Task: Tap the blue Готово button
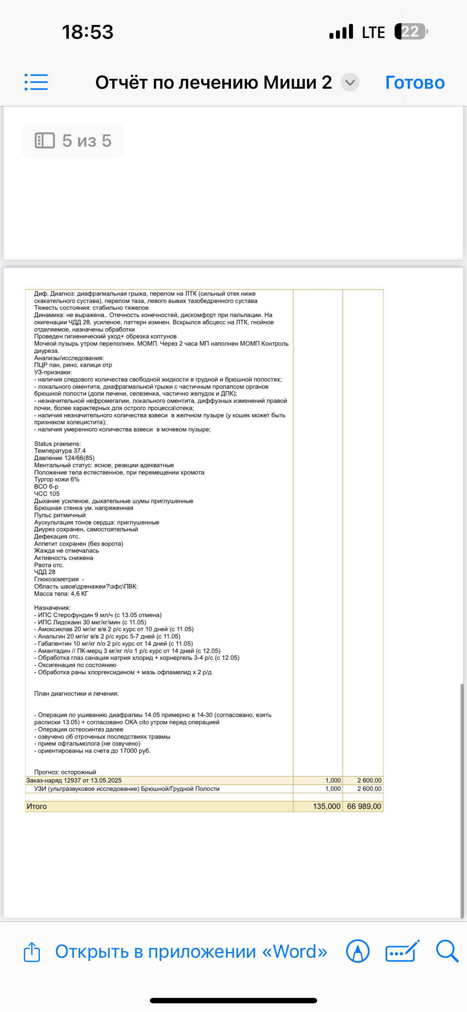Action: pos(415,83)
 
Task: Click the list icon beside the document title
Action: pos(36,82)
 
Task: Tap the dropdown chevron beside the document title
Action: pos(350,83)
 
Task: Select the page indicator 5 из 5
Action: pos(73,141)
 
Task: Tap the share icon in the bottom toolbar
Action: pos(32,952)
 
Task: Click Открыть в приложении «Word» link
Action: pos(191,952)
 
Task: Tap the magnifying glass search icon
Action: pos(447,951)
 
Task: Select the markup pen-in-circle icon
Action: pos(357,952)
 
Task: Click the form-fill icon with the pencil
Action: pos(402,952)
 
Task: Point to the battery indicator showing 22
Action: pos(411,31)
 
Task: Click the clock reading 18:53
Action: pos(88,32)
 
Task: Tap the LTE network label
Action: pos(373,32)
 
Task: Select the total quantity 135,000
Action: pos(326,806)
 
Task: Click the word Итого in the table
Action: pos(37,806)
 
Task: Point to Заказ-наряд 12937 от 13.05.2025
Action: pos(74,780)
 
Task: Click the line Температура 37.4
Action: pos(60,451)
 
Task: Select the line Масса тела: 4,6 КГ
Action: pos(61,594)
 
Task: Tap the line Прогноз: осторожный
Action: pos(65,772)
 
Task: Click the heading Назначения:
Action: pos(52,608)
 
